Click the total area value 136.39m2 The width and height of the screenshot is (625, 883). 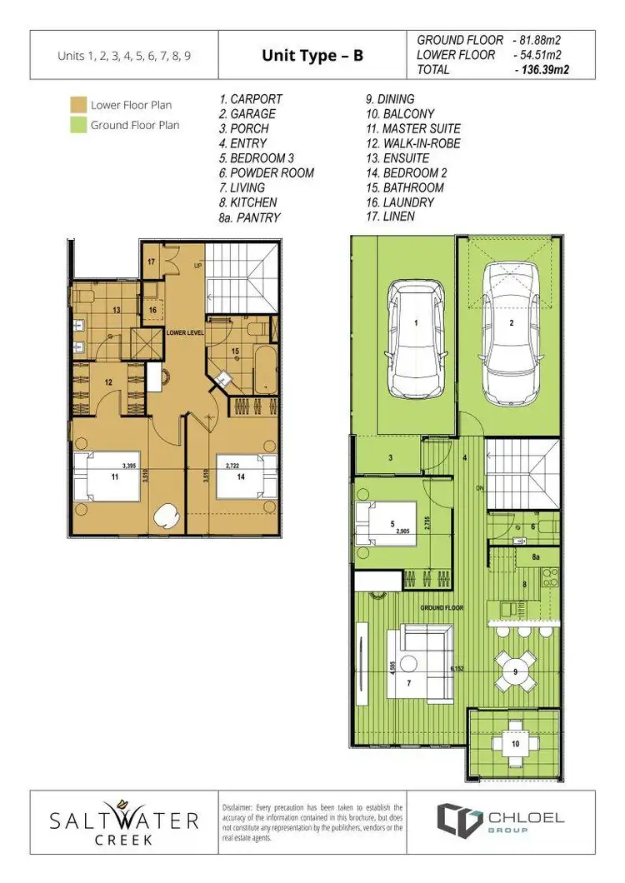point(547,70)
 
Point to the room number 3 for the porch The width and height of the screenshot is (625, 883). point(389,456)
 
